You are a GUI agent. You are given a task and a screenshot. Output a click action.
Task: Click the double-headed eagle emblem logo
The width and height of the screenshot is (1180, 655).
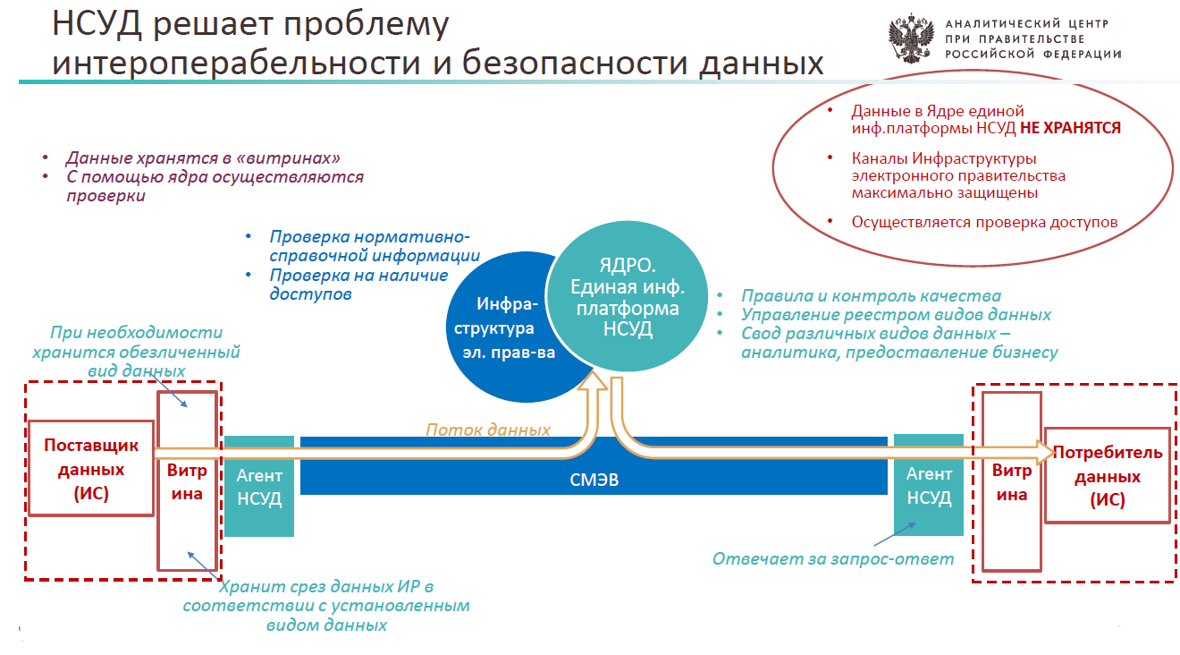pos(911,38)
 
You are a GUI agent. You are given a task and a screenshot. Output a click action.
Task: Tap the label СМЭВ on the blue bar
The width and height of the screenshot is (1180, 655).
pos(594,480)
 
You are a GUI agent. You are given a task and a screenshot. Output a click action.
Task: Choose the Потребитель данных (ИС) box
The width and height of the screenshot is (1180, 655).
pos(1107,476)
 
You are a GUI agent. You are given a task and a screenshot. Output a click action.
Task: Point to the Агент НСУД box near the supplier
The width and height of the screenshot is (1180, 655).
pos(259,486)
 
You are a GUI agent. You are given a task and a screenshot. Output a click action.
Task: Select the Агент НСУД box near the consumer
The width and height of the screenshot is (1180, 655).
pos(929,485)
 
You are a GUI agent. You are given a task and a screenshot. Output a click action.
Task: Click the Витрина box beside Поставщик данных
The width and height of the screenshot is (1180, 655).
pos(187,481)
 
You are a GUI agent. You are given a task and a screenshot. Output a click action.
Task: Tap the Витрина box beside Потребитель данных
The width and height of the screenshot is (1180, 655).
pos(1012,482)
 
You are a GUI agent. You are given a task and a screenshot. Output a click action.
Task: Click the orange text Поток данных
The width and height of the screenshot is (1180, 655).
pos(487,430)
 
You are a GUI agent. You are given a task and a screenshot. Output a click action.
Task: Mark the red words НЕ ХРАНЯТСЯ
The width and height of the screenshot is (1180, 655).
pos(1070,128)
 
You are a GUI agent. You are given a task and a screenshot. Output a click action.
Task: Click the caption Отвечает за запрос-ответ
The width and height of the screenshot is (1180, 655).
pos(833,559)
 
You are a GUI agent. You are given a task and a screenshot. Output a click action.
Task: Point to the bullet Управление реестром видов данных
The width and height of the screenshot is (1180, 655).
pos(896,315)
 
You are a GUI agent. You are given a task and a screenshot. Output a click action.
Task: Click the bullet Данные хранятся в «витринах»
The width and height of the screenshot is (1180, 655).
pos(203,157)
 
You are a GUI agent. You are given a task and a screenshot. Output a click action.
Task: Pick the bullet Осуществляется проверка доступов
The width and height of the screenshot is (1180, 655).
pos(984,222)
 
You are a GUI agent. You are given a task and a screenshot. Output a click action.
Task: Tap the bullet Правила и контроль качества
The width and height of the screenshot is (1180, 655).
pos(871,296)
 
